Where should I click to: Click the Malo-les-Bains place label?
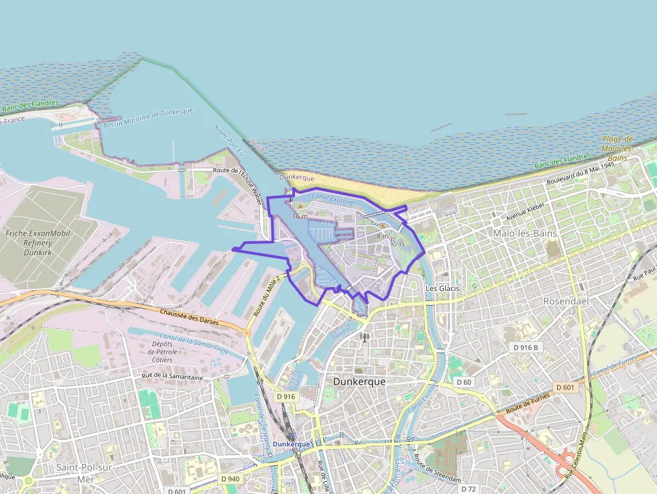[524, 233]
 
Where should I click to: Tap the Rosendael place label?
[566, 301]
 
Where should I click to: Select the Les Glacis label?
[443, 288]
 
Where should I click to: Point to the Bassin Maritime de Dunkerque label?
[148, 117]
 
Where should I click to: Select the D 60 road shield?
[465, 382]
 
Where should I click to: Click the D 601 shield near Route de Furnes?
[565, 387]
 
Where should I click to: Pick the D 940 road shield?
[230, 479]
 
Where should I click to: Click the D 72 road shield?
[469, 489]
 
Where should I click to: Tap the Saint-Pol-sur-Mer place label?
[84, 472]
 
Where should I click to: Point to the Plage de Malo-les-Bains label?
[617, 148]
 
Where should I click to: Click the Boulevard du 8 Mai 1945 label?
[580, 174]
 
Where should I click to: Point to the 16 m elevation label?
[300, 216]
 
